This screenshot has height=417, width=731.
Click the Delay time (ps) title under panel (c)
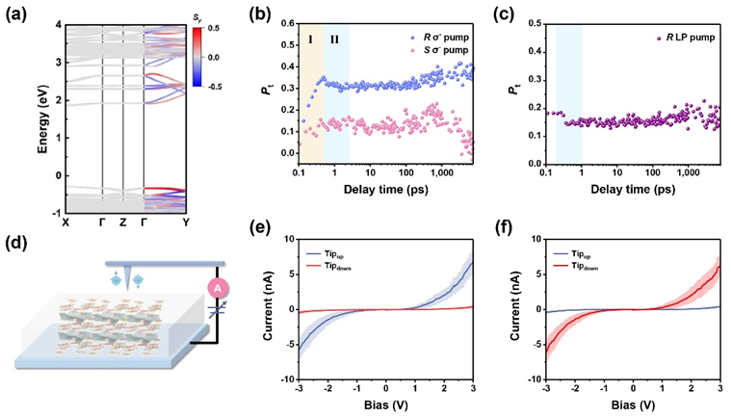[631, 191]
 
